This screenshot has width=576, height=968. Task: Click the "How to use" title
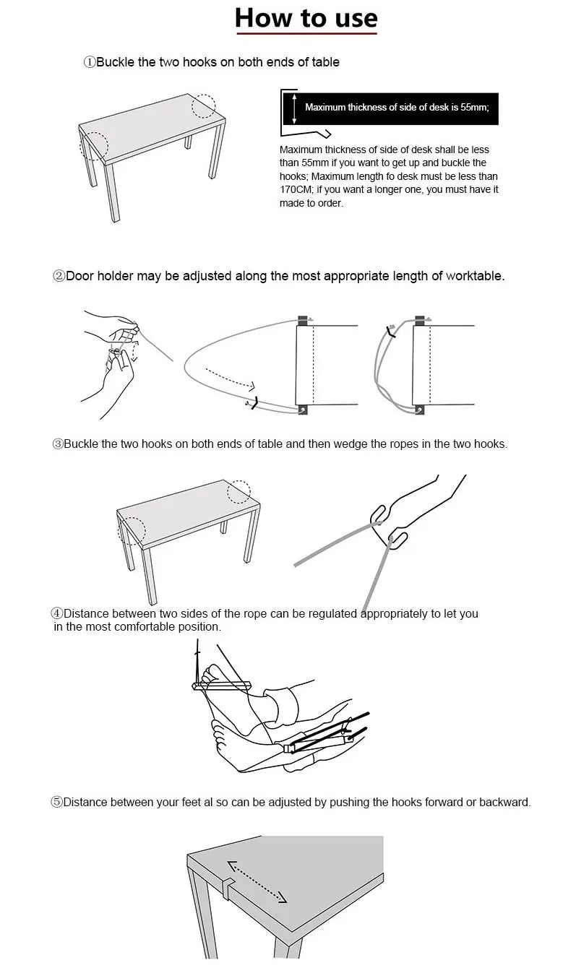(x=306, y=18)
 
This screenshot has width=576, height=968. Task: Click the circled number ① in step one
(x=90, y=63)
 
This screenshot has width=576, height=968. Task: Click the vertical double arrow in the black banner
(x=294, y=108)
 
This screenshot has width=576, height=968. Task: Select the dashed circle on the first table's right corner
(x=204, y=105)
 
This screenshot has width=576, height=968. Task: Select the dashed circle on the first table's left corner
(x=93, y=145)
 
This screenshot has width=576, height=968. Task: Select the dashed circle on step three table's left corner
(x=132, y=530)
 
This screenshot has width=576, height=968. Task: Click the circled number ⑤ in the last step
(x=56, y=803)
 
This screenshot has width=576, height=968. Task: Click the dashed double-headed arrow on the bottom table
(x=257, y=881)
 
